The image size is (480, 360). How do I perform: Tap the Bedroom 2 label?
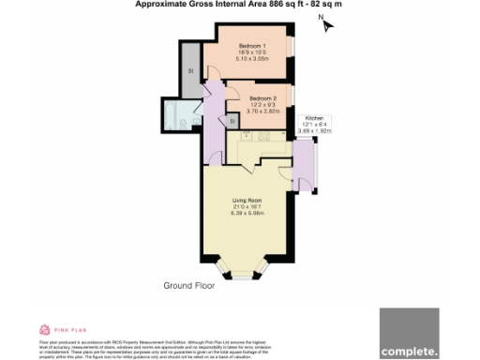tap(263, 97)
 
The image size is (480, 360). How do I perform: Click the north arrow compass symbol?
tap(324, 24)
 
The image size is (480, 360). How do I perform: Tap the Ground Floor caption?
tap(190, 285)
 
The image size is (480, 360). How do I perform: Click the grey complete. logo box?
tap(410, 333)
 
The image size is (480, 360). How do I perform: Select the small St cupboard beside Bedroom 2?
tap(232, 120)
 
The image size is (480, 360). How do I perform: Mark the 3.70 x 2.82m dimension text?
tap(263, 111)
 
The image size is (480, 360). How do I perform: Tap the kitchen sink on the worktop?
tap(253, 137)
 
